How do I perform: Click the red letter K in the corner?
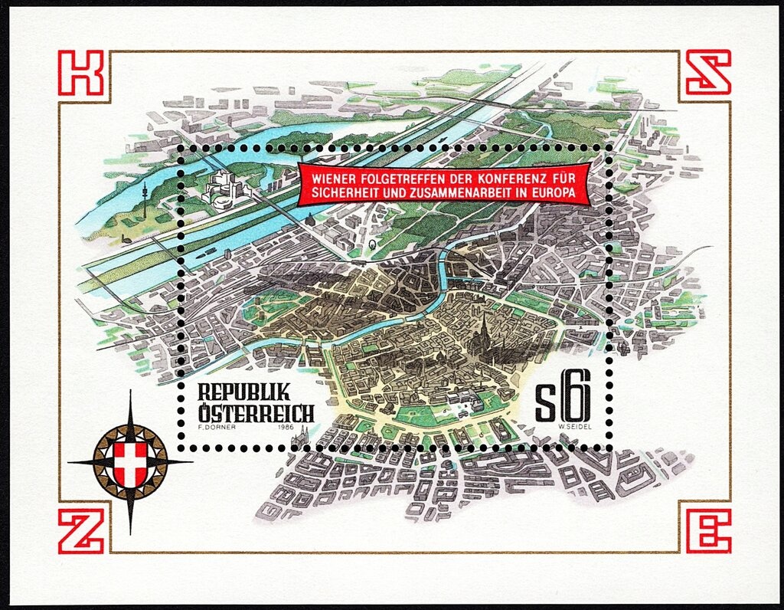pos(80,73)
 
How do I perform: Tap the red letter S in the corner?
pos(707,73)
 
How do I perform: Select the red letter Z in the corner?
pos(80,530)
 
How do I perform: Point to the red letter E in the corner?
pos(707,530)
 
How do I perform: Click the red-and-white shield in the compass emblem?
pos(129,462)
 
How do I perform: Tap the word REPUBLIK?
pos(244,392)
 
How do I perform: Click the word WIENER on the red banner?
pos(328,176)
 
